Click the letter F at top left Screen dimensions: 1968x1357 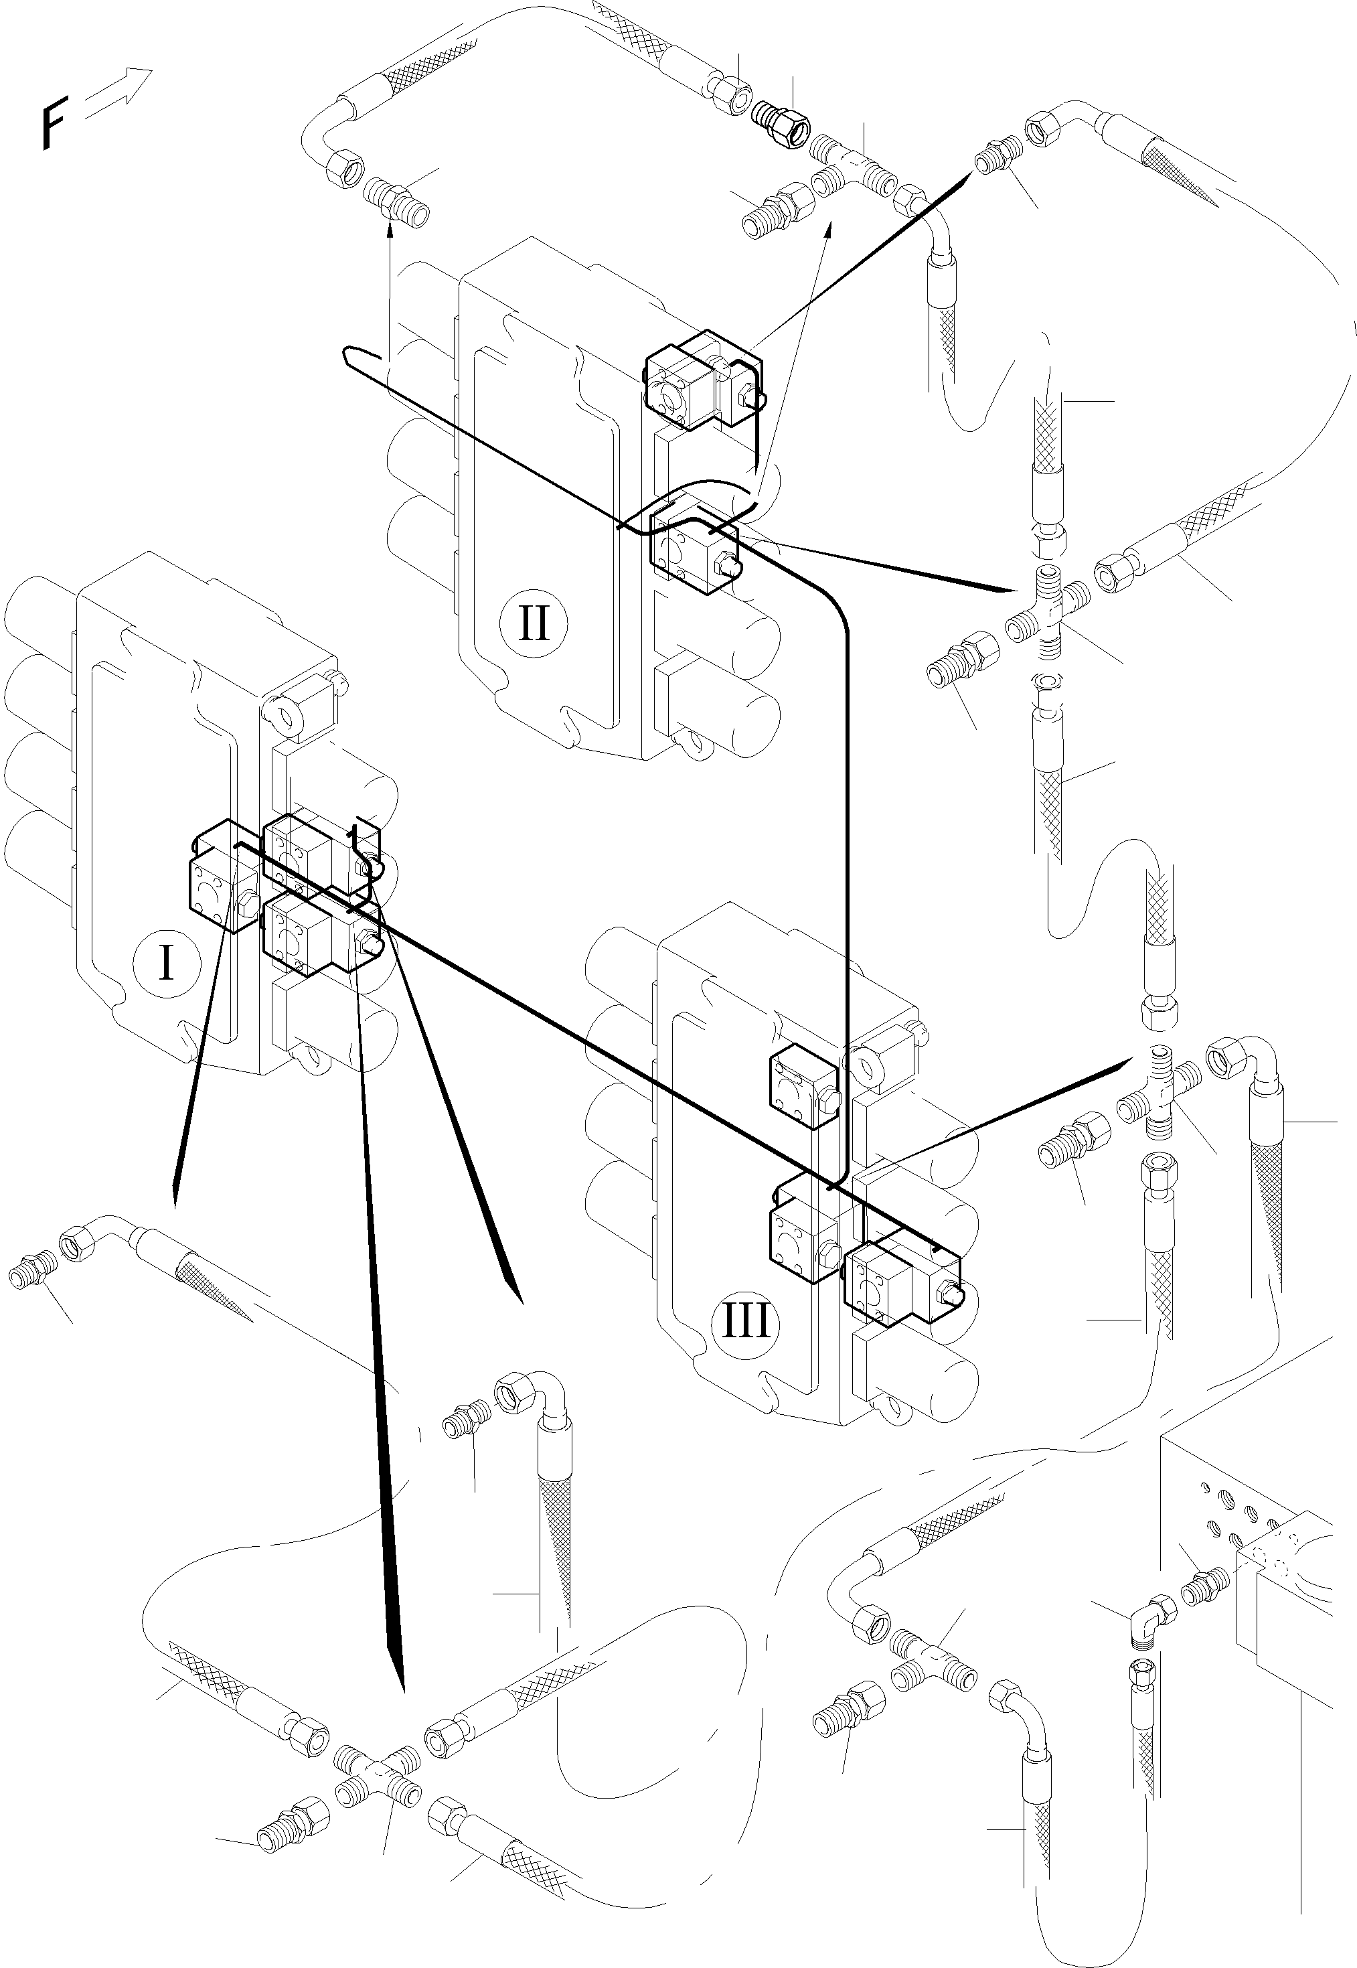pyautogui.click(x=54, y=124)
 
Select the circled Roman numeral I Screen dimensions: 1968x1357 pyautogui.click(x=166, y=964)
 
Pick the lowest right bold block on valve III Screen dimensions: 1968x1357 pyautogui.click(x=901, y=1288)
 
